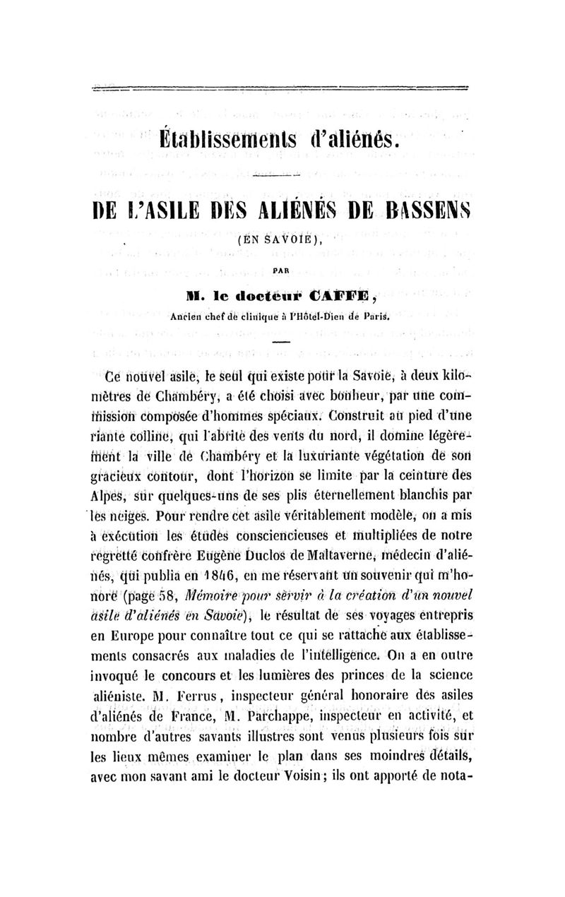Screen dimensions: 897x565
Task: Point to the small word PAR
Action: [x=281, y=268]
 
